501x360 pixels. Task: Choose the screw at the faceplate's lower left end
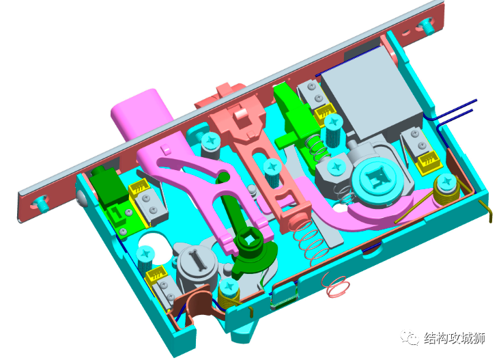pyautogui.click(x=41, y=203)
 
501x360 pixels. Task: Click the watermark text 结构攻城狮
pyautogui.click(x=455, y=338)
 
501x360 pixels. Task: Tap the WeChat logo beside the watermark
pyautogui.click(x=410, y=337)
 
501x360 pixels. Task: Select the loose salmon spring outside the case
pyautogui.click(x=336, y=285)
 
